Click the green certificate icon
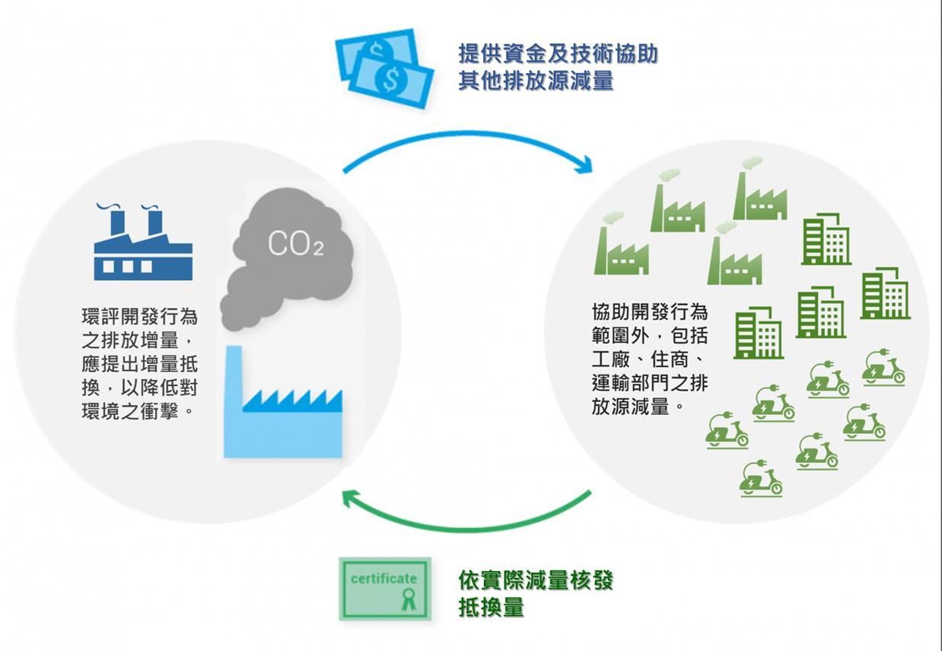tap(385, 589)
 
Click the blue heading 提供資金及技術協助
tap(558, 54)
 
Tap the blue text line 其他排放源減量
tap(536, 80)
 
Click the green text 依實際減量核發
tap(536, 581)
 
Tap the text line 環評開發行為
tap(139, 316)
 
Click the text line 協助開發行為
tap(650, 311)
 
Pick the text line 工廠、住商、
tap(650, 359)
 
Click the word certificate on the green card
tap(383, 578)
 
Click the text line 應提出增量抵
tap(139, 363)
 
